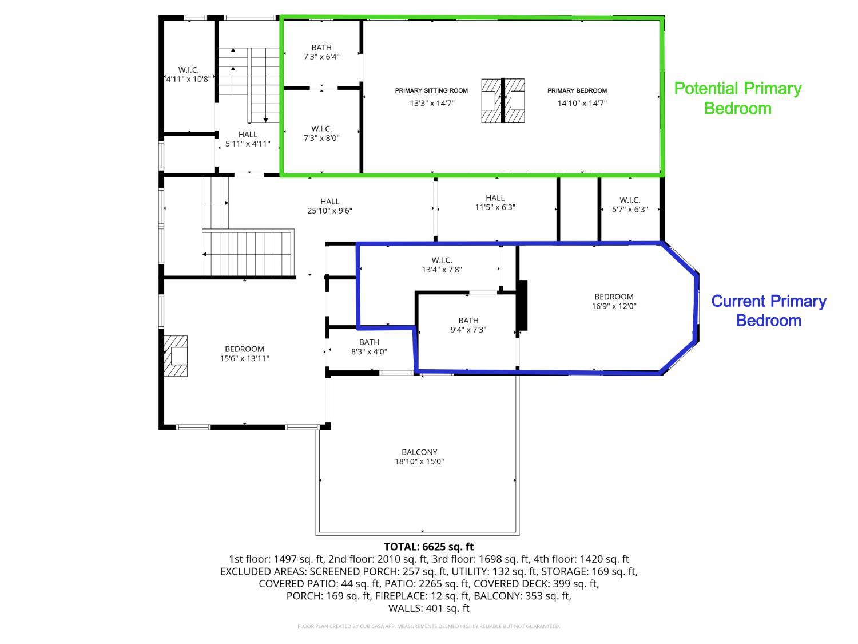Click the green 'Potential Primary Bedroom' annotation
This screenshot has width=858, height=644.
pyautogui.click(x=737, y=98)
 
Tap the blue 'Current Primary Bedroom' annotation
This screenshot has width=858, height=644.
pyautogui.click(x=768, y=310)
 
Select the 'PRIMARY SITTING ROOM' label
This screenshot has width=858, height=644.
pyautogui.click(x=431, y=90)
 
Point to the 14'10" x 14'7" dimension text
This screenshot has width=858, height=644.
pyautogui.click(x=582, y=103)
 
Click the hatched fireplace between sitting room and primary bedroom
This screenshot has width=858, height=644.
pyautogui.click(x=503, y=101)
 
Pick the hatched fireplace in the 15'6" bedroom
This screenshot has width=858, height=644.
pyautogui.click(x=176, y=356)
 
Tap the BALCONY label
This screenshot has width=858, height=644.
pyautogui.click(x=419, y=452)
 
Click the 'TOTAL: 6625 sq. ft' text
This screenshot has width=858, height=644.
pyautogui.click(x=428, y=547)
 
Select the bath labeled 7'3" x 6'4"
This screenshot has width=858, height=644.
pyautogui.click(x=321, y=52)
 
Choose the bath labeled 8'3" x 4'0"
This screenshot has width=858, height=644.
pyautogui.click(x=369, y=347)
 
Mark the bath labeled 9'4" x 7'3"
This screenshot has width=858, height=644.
pyautogui.click(x=468, y=325)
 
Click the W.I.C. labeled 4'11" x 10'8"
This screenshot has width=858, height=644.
pyautogui.click(x=188, y=74)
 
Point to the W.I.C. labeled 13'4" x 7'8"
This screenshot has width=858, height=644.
pyautogui.click(x=442, y=264)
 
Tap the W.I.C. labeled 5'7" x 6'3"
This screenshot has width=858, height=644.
pyautogui.click(x=630, y=204)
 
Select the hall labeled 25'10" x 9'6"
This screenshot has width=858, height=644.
pyautogui.click(x=329, y=206)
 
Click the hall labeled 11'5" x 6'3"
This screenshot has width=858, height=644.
pyautogui.click(x=495, y=203)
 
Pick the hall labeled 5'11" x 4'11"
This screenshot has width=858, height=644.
pyautogui.click(x=248, y=139)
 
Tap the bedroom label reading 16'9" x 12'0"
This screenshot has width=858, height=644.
pyautogui.click(x=614, y=302)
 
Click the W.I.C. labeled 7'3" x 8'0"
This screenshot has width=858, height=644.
pyautogui.click(x=321, y=133)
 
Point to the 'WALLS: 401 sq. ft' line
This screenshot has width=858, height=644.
pyautogui.click(x=428, y=609)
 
